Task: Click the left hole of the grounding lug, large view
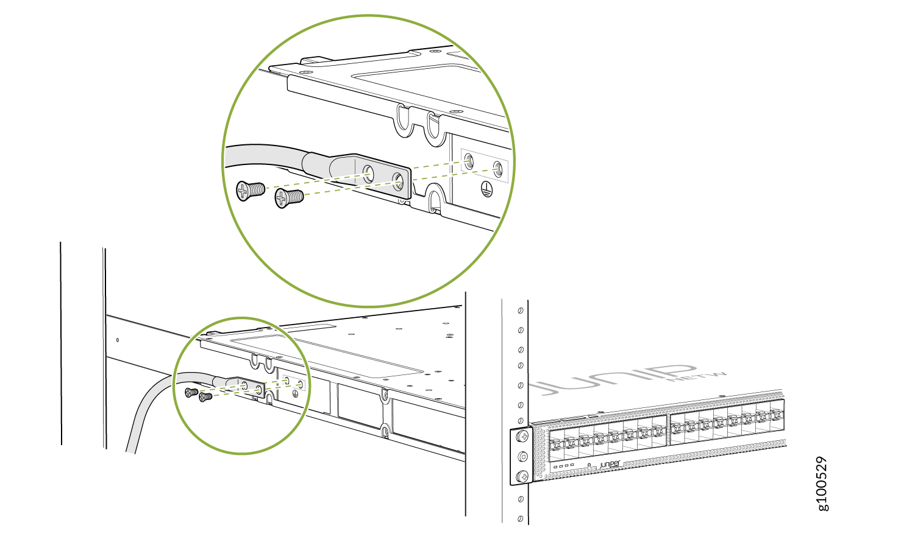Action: coord(368,171)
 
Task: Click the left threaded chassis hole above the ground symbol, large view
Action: coord(468,161)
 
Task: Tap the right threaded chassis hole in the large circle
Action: coord(497,168)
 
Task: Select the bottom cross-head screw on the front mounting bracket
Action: coord(522,476)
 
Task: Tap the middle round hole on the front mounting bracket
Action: coord(522,456)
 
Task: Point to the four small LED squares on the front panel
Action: coord(564,466)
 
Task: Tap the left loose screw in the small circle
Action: coord(191,392)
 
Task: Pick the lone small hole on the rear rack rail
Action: coord(118,339)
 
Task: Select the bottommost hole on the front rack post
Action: coord(519,519)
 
